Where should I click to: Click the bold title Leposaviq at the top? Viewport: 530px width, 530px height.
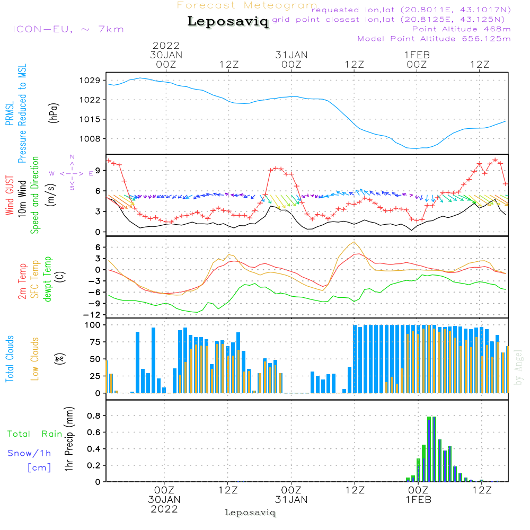click(x=228, y=22)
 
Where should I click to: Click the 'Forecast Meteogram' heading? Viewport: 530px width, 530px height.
click(x=247, y=6)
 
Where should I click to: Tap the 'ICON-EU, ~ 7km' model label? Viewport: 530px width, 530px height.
click(x=68, y=29)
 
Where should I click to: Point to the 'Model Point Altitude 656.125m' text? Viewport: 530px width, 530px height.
click(x=434, y=39)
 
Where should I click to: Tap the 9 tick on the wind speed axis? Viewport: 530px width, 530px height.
click(x=98, y=170)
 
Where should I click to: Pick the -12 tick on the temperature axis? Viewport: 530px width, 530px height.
click(x=94, y=315)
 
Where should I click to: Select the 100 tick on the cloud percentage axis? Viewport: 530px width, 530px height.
click(x=94, y=325)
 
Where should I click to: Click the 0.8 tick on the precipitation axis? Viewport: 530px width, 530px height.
click(x=94, y=416)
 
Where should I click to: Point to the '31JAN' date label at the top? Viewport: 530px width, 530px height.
click(x=291, y=55)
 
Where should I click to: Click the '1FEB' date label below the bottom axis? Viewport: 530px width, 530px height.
click(x=418, y=500)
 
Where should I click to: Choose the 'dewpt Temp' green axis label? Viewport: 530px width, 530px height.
click(x=47, y=279)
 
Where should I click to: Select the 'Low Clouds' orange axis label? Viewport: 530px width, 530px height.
click(x=36, y=358)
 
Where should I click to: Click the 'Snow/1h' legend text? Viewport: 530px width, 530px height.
click(x=29, y=453)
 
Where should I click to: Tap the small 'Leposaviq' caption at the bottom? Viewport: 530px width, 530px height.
click(x=250, y=513)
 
